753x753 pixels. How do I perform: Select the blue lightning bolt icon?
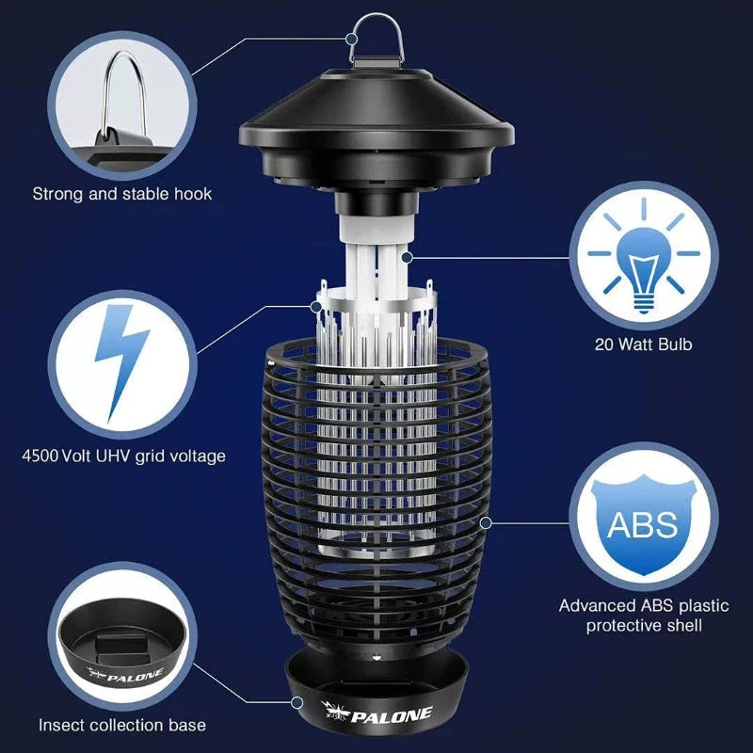tap(122, 362)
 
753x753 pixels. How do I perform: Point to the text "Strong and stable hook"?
tap(122, 194)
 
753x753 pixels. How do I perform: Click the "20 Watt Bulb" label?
tap(644, 344)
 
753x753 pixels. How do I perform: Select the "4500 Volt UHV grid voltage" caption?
tap(123, 456)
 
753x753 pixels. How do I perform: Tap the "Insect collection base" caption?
tap(122, 725)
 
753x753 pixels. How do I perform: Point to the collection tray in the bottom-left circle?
tap(122, 649)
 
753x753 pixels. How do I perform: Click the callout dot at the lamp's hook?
tap(351, 40)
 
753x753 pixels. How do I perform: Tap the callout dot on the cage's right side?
tap(486, 521)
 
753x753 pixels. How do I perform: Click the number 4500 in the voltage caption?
tap(40, 456)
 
